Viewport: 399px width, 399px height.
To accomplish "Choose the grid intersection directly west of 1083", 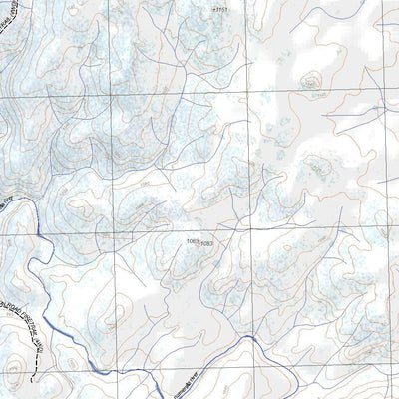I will coord(111,235).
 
